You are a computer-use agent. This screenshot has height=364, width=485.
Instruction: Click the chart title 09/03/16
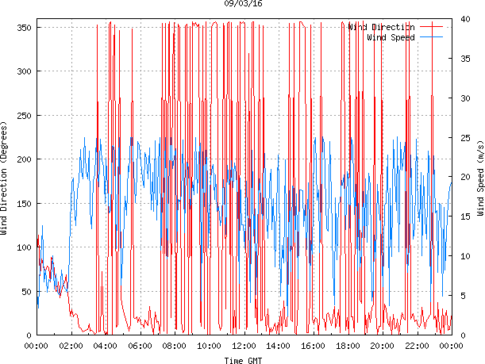[x=244, y=4]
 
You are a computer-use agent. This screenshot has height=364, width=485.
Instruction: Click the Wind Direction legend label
[x=382, y=27]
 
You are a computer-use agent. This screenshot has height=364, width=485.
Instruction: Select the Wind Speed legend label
[x=391, y=36]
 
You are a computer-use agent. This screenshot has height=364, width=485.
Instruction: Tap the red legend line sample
[x=431, y=27]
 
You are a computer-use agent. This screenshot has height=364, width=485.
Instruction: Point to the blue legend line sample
[x=431, y=36]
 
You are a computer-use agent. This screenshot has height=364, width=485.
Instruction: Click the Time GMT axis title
[x=244, y=360]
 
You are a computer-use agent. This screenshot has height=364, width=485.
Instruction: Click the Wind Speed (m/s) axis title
[x=480, y=179]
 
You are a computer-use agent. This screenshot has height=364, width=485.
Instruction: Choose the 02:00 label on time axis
[x=71, y=346]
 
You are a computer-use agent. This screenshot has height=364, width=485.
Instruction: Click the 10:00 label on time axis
[x=209, y=346]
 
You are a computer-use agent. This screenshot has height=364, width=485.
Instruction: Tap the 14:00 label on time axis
[x=278, y=346]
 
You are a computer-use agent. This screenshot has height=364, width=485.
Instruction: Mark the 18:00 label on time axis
[x=348, y=346]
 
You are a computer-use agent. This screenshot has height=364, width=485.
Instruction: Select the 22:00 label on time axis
[x=417, y=346]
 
